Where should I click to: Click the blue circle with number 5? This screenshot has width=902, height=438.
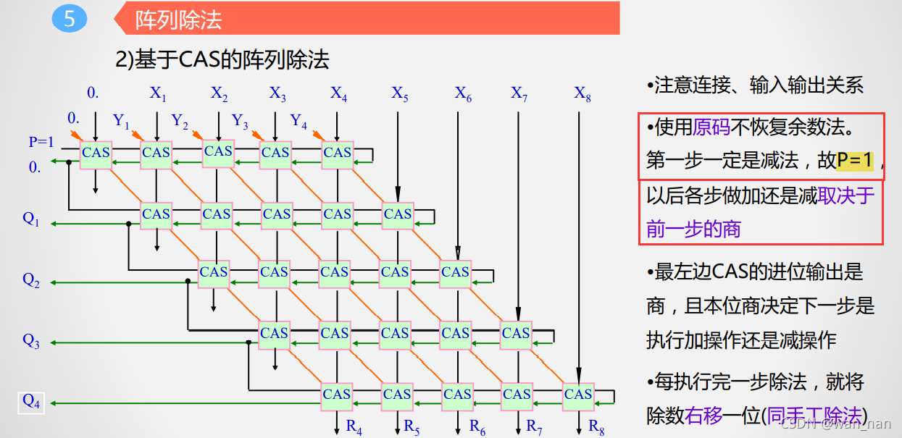(x=70, y=18)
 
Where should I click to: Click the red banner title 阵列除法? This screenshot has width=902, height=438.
(x=178, y=20)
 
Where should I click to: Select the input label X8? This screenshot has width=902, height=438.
(x=582, y=93)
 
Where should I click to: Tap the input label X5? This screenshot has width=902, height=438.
(x=400, y=93)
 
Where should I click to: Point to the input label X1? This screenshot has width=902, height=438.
(x=158, y=93)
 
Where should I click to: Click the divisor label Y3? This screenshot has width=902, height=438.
(x=240, y=121)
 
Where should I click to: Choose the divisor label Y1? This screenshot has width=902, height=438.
(x=121, y=121)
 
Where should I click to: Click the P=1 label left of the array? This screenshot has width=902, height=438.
(x=41, y=142)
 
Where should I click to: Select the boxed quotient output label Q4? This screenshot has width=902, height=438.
(x=31, y=401)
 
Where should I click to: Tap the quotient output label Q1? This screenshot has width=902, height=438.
(x=31, y=219)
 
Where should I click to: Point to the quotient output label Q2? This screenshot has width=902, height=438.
(x=31, y=280)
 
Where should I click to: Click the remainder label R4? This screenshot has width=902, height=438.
(x=354, y=426)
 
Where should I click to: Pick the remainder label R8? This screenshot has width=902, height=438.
(x=596, y=426)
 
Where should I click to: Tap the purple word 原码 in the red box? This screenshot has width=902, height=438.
(x=711, y=128)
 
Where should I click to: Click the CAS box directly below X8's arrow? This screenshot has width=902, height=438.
(x=578, y=395)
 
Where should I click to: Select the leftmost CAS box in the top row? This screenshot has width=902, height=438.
(x=96, y=153)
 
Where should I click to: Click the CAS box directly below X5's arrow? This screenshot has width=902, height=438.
(x=398, y=214)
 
